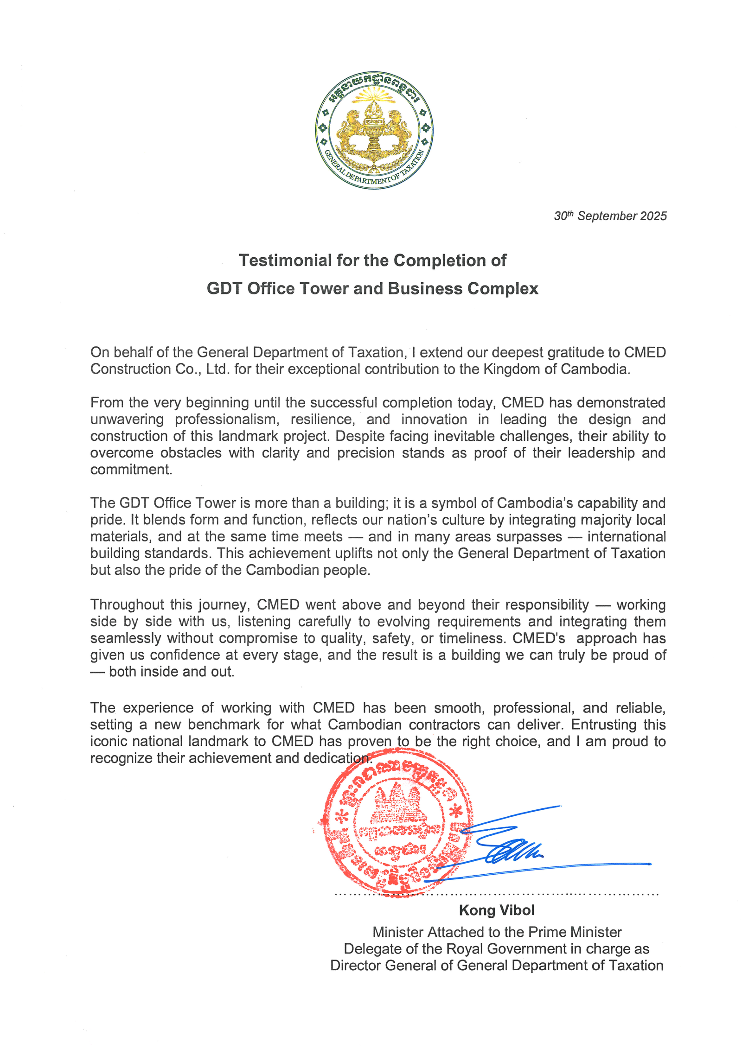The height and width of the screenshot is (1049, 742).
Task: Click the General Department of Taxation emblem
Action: tap(374, 130)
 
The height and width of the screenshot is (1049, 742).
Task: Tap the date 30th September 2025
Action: tap(610, 216)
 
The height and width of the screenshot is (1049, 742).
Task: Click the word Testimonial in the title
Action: tap(285, 261)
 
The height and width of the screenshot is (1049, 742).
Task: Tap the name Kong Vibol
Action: tap(496, 910)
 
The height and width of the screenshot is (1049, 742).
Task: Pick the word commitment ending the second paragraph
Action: tap(131, 470)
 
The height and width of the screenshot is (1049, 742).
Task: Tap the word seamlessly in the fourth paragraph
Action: tap(126, 638)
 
